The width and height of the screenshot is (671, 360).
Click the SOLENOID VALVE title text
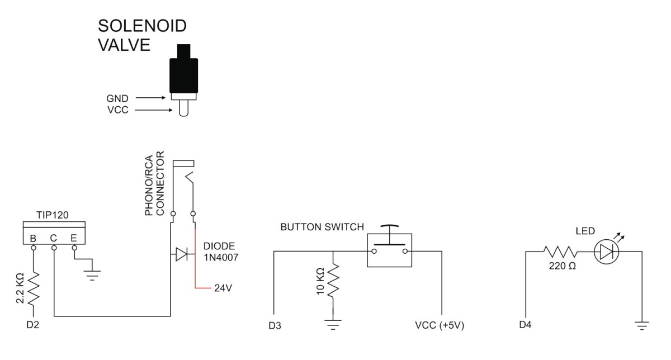tap(142, 35)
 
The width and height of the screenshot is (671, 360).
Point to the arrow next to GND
tap(152, 97)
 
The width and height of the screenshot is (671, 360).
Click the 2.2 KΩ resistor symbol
tap(34, 288)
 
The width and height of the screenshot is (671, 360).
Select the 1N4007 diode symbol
tap(181, 254)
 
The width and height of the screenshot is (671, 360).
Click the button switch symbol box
tap(389, 250)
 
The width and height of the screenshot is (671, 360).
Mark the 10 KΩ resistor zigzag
tap(333, 281)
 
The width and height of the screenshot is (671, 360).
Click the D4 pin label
tap(526, 324)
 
